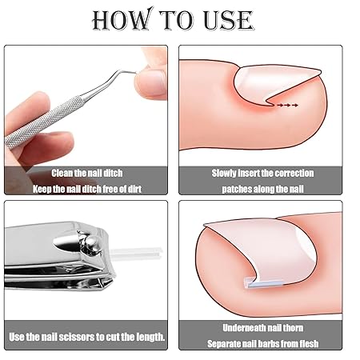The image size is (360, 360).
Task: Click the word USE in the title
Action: pyautogui.click(x=228, y=20)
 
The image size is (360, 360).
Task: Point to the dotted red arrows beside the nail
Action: pyautogui.click(x=287, y=106)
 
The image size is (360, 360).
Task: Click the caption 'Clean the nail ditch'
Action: pyautogui.click(x=87, y=173)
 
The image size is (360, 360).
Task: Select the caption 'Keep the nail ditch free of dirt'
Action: pyautogui.click(x=87, y=189)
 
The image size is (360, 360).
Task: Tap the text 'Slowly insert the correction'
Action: pyautogui.click(x=262, y=173)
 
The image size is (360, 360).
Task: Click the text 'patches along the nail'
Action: pyautogui.click(x=262, y=189)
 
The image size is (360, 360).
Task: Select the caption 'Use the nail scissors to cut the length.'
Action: pyautogui.click(x=86, y=337)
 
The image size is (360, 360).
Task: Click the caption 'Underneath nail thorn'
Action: pyautogui.click(x=262, y=328)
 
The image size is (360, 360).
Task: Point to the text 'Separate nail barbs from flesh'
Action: pyautogui.click(x=262, y=344)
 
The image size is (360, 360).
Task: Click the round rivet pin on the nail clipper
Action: pyautogui.click(x=90, y=242)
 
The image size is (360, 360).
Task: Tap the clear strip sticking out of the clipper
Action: pyautogui.click(x=136, y=253)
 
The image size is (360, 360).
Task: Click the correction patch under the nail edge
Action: pyautogui.click(x=265, y=283)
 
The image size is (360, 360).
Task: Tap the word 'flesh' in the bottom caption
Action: pyautogui.click(x=309, y=344)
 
